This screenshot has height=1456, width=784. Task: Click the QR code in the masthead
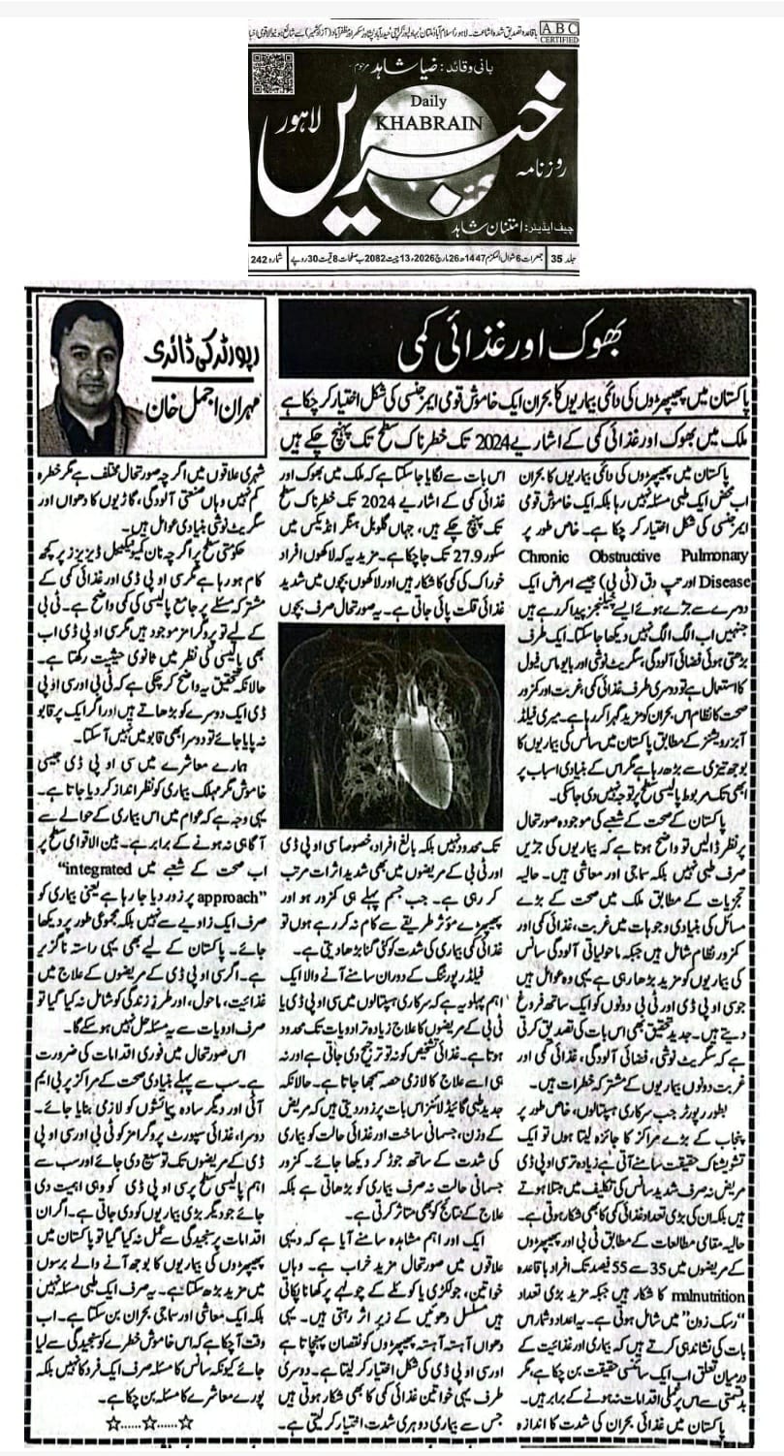click(272, 73)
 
